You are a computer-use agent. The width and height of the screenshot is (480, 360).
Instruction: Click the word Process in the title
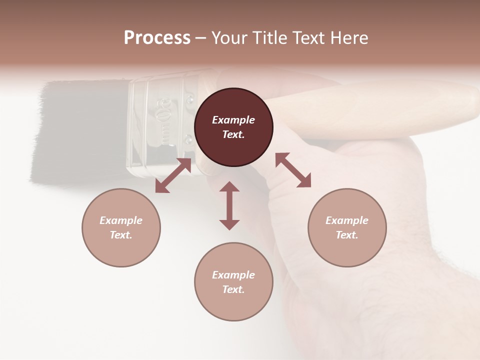[x=157, y=38]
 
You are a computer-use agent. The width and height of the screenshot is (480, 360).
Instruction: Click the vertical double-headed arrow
[x=229, y=205]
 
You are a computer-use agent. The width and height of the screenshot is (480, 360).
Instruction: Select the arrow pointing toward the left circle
[x=173, y=175]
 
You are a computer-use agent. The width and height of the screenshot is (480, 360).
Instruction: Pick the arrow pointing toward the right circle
[x=293, y=170]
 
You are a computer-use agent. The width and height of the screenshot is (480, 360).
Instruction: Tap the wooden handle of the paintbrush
[x=380, y=107]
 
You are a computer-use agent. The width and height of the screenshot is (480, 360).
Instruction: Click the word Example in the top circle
[x=233, y=120]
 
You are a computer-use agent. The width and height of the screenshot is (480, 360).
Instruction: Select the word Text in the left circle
[x=121, y=235]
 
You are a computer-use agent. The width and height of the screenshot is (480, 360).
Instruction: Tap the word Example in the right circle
[x=347, y=220]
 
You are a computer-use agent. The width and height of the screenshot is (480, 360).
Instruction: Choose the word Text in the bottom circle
[x=233, y=289]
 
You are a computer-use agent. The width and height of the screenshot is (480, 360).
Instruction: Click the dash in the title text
[x=201, y=38]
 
